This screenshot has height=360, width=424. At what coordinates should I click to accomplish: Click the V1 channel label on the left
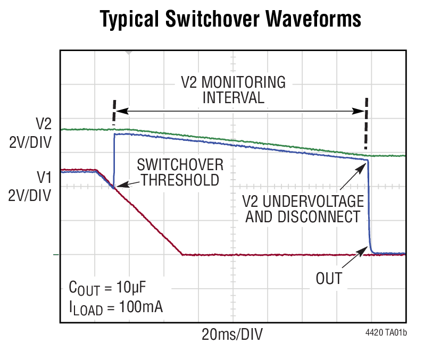[44, 176]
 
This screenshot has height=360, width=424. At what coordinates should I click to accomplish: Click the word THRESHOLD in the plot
[180, 180]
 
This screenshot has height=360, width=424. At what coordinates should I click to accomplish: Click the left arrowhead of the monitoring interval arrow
[120, 111]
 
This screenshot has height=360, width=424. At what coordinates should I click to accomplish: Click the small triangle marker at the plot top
[128, 53]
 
